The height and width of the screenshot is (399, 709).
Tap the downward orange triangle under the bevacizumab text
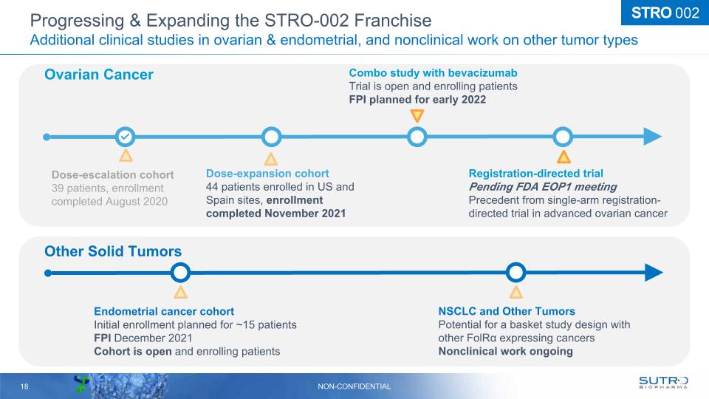pyautogui.click(x=417, y=115)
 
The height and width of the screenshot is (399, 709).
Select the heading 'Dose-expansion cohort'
pyautogui.click(x=267, y=174)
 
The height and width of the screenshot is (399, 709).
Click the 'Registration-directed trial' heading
pyautogui.click(x=536, y=174)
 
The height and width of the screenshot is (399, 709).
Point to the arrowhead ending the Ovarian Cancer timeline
pyautogui.click(x=652, y=137)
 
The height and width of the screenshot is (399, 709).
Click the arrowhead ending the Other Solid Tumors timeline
pyautogui.click(x=654, y=273)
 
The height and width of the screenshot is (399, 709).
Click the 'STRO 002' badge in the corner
pyautogui.click(x=665, y=13)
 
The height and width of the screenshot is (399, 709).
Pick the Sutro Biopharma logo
pyautogui.click(x=663, y=383)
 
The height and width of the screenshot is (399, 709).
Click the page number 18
pyautogui.click(x=24, y=386)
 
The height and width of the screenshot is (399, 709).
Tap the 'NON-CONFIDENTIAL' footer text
pyautogui.click(x=354, y=386)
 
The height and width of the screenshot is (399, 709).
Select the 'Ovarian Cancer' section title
pyautogui.click(x=99, y=75)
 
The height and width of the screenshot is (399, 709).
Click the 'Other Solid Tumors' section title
pyautogui.click(x=113, y=251)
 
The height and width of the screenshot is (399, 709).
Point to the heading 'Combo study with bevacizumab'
pyautogui.click(x=434, y=73)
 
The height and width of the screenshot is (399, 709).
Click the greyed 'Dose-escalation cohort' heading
pyautogui.click(x=112, y=175)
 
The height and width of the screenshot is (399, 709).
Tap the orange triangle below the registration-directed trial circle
pyautogui.click(x=564, y=157)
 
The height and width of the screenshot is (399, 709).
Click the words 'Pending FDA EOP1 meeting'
pyautogui.click(x=543, y=187)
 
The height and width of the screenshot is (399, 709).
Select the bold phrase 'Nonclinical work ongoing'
pyautogui.click(x=505, y=352)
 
